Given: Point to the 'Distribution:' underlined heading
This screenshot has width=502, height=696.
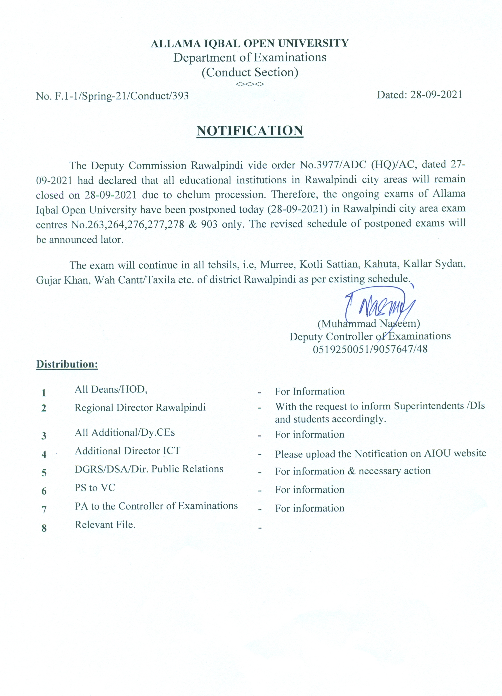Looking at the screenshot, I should point(67,364).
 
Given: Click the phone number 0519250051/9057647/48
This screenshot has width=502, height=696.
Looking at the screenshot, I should point(370,349).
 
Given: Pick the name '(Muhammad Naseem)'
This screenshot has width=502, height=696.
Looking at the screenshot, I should point(369,324).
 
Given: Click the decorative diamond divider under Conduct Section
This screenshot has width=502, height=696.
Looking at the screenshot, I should point(250,84).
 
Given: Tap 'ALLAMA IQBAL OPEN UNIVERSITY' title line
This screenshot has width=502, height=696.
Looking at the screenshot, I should point(250,43).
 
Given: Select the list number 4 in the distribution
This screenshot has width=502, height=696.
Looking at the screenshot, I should point(44,454).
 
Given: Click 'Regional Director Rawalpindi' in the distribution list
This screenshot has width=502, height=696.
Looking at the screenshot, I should point(140,408).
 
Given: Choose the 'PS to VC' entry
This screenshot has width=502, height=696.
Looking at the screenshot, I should point(95,488).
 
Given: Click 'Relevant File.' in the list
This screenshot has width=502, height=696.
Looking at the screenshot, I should point(105,525).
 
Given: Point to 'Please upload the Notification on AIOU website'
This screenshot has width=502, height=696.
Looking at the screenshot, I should point(380,453).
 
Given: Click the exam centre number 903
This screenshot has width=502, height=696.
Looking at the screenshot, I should point(209,224).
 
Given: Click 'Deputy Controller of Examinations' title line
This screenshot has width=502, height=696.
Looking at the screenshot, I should point(370,336).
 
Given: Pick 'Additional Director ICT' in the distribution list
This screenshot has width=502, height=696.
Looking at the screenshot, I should point(127,451).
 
